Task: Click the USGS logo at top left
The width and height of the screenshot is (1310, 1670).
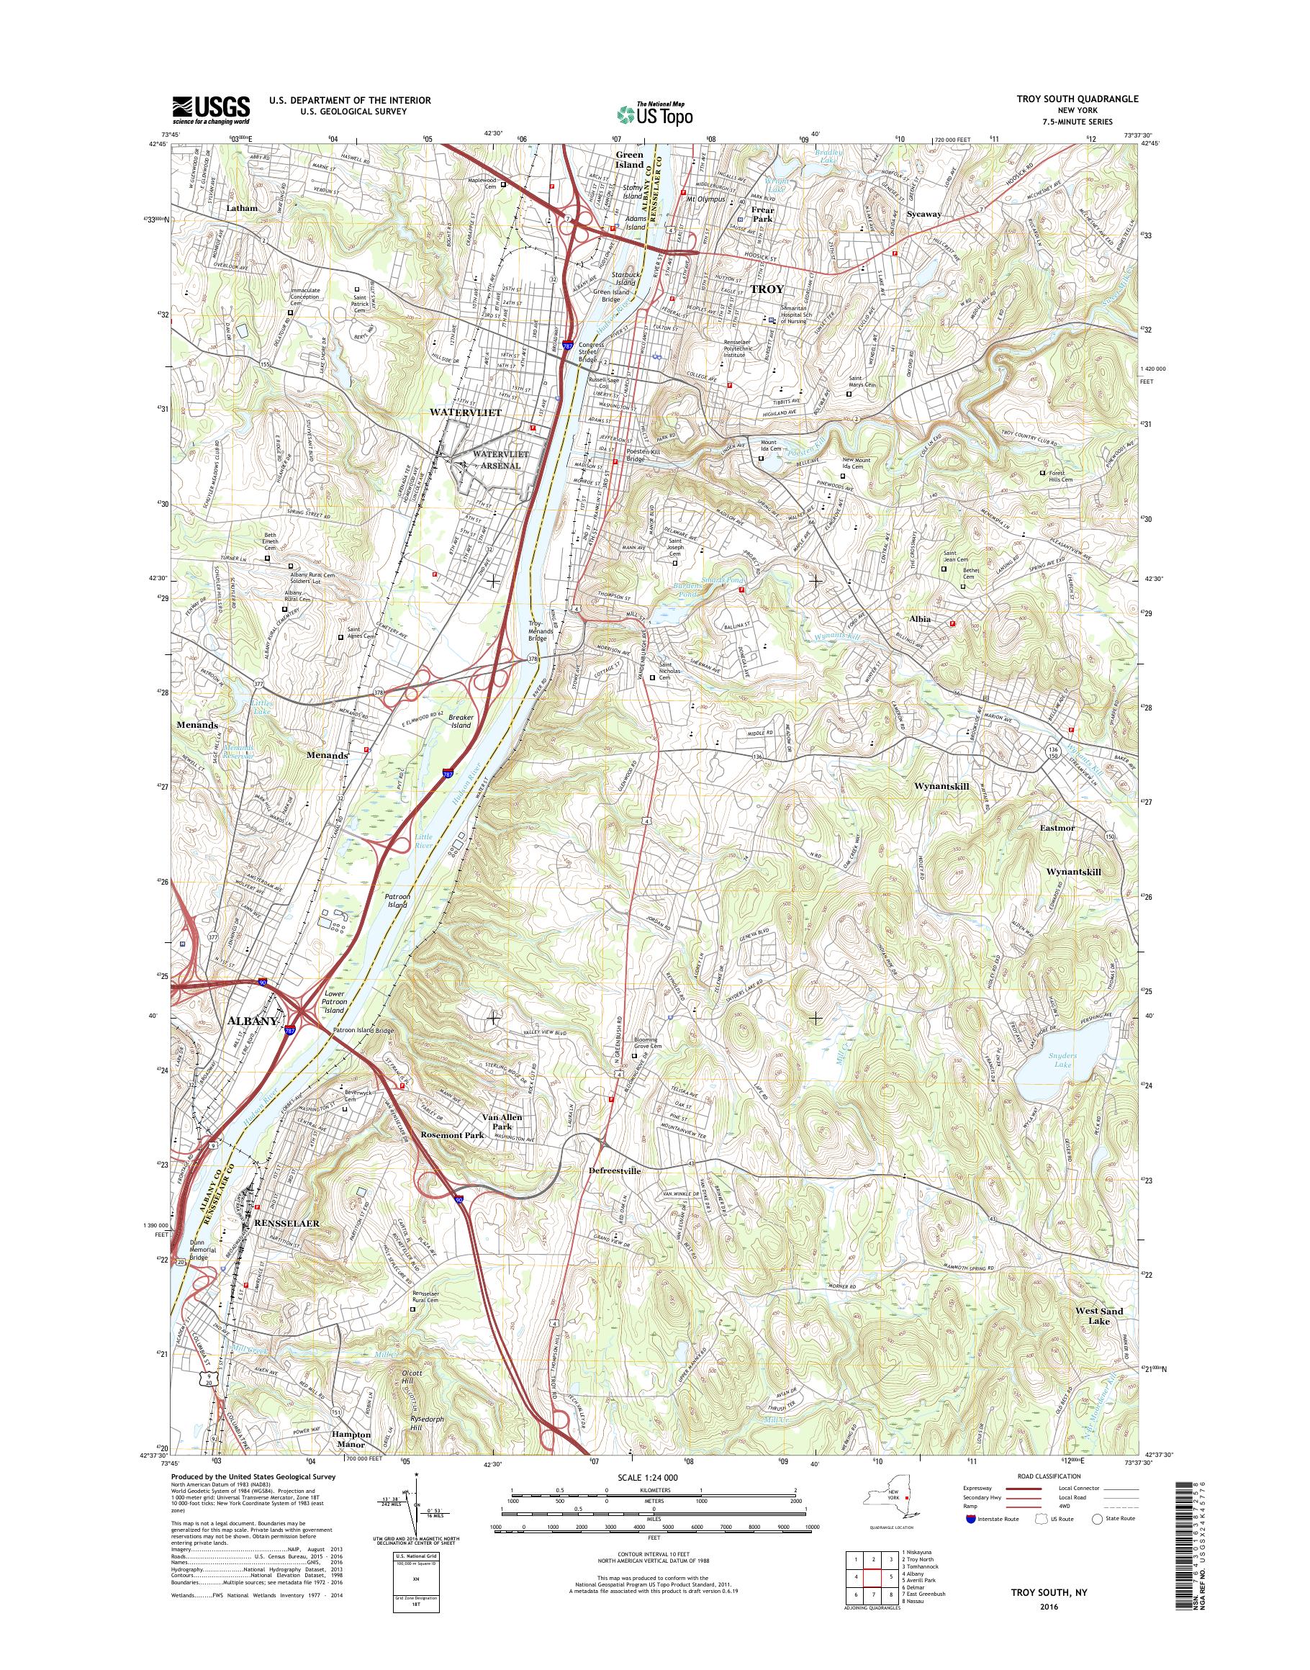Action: click(x=211, y=109)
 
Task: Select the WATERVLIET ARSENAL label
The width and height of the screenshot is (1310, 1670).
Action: click(x=501, y=459)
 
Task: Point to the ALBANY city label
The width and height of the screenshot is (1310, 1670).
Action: click(x=253, y=1021)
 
